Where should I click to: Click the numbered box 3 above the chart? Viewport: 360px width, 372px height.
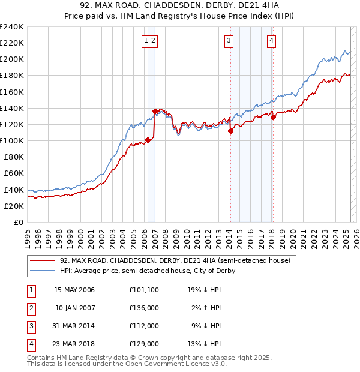[x=229, y=41]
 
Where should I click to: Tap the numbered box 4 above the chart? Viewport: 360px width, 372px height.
[x=272, y=41]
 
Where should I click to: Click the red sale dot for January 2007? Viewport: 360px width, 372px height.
[x=155, y=111]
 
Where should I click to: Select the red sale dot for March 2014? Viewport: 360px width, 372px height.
[x=230, y=131]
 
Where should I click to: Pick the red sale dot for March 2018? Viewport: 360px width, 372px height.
[x=273, y=117]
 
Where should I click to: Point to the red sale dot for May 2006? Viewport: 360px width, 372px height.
[x=148, y=140]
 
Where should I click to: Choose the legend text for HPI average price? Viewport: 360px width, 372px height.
[x=147, y=271]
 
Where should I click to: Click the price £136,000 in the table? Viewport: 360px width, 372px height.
[x=144, y=308]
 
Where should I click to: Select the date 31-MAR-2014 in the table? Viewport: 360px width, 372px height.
[x=74, y=326]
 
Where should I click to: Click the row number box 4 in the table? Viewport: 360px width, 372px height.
[x=30, y=344]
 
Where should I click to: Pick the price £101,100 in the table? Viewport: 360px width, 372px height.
[x=144, y=290]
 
